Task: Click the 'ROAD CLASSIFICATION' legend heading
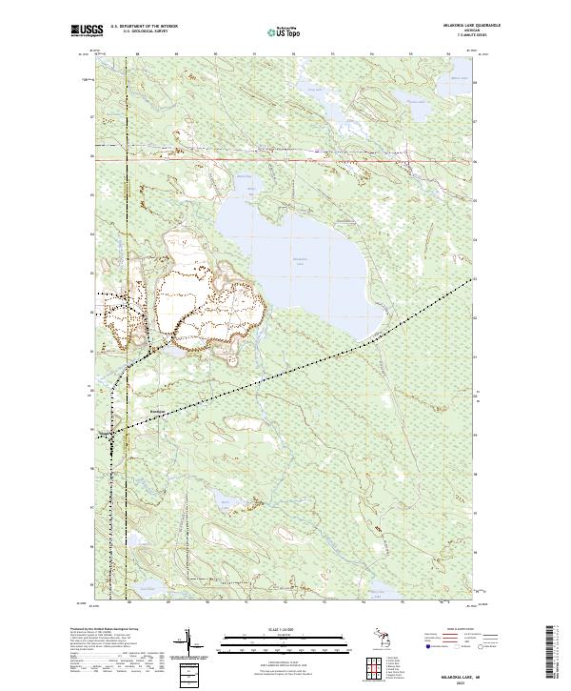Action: [460, 629]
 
